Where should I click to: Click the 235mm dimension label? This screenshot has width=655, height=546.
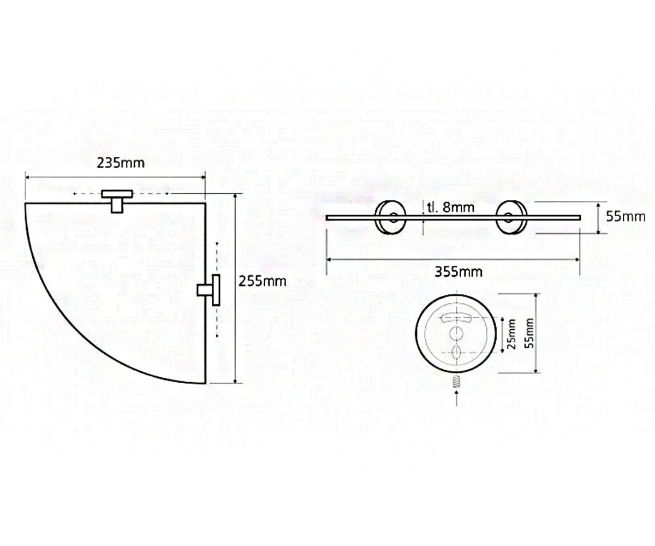[x=121, y=163]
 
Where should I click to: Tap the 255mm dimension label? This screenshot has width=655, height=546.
[x=262, y=281]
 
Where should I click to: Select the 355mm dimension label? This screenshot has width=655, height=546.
[x=458, y=272]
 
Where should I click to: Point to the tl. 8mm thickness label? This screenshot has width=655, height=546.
[x=450, y=207]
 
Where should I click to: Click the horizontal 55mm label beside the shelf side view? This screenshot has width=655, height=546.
[x=626, y=217]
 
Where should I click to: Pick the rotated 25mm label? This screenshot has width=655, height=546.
[x=511, y=334]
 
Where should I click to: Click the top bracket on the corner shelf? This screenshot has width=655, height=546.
[x=117, y=201]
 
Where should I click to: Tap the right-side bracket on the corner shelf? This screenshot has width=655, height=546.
[x=209, y=290]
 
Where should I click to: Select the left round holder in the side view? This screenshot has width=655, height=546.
[x=391, y=217]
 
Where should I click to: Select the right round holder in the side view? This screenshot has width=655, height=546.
[x=511, y=217]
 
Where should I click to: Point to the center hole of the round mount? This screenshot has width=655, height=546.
[x=457, y=334]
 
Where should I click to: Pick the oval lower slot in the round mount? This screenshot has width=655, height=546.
[x=457, y=351]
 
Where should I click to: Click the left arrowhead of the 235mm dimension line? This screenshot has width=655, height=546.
[x=27, y=177]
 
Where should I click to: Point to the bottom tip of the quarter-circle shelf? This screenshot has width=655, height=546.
[x=205, y=383]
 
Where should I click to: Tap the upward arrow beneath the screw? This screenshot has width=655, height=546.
[x=457, y=399]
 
